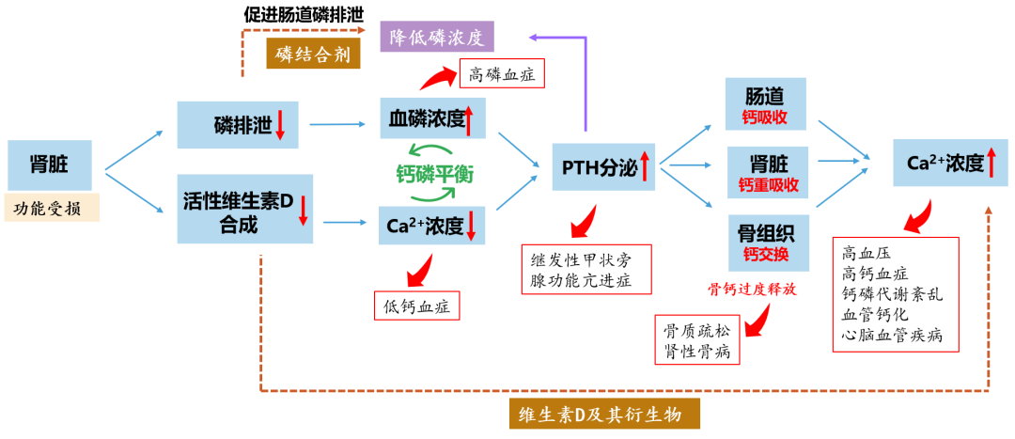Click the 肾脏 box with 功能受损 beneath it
(49, 165)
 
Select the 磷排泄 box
(237, 124)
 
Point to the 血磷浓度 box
(431, 119)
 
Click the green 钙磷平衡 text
(433, 174)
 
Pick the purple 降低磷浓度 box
(436, 37)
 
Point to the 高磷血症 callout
(502, 73)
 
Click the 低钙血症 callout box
(415, 305)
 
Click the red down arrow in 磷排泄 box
(280, 124)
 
